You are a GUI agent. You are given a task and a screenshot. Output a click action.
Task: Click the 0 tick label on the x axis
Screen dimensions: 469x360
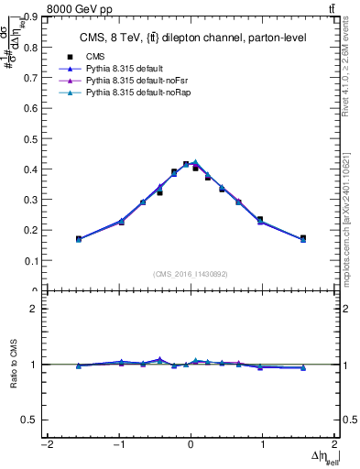click(191, 445)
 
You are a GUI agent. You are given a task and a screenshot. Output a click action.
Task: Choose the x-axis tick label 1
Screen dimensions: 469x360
click(263, 445)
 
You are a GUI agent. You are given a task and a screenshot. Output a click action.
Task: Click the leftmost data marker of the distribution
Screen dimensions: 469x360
click(79, 239)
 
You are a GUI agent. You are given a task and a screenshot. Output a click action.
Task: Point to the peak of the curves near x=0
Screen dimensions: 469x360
click(193, 163)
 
